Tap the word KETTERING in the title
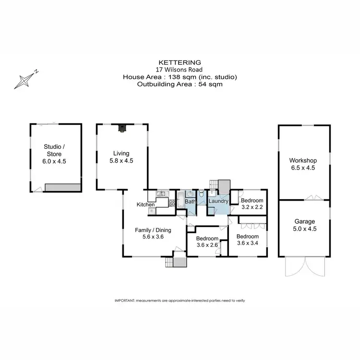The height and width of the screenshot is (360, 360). click(180, 62)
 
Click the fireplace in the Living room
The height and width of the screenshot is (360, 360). click(122, 128)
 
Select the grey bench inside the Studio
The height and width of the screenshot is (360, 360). click(62, 186)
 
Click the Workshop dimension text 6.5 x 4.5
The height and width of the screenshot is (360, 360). click(303, 168)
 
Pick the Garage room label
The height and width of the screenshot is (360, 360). click(304, 221)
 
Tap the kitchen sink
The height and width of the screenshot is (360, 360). click(161, 193)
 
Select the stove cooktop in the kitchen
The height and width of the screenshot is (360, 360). click(152, 210)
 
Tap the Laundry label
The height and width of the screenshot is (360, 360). click(217, 201)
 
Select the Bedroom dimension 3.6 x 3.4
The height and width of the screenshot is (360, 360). click(248, 244)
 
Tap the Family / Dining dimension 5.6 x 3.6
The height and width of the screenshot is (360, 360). click(153, 237)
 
